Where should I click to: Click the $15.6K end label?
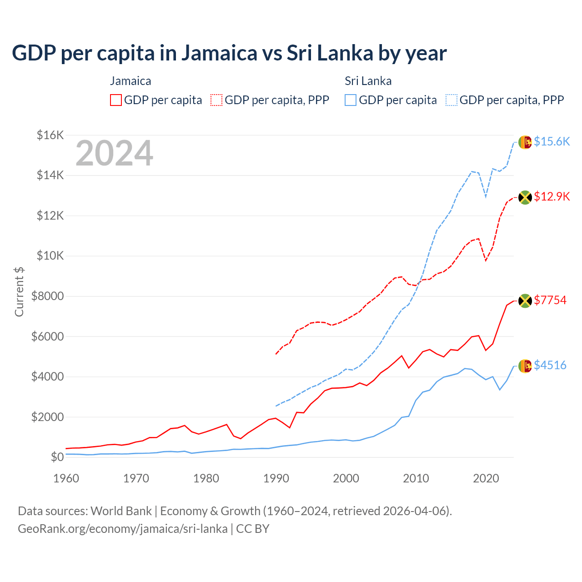[552, 142]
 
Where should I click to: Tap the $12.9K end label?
[552, 197]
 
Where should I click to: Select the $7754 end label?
[550, 301]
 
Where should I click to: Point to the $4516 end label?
[550, 366]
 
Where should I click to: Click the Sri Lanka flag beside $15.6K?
[525, 142]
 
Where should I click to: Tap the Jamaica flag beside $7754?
[525, 301]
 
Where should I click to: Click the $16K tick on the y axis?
[50, 135]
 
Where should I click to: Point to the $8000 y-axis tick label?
[48, 296]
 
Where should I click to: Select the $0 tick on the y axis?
[57, 457]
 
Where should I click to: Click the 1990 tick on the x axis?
[276, 478]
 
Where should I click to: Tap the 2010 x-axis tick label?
[416, 478]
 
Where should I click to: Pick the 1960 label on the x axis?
[66, 478]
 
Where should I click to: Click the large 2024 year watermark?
[115, 153]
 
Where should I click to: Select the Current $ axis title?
[20, 291]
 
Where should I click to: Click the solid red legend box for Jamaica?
[116, 100]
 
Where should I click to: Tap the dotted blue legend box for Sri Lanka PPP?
[452, 100]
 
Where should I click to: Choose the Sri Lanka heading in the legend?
[368, 81]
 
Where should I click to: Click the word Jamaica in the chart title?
[220, 53]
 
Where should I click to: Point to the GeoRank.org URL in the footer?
[123, 529]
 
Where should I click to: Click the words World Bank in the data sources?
[121, 511]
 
